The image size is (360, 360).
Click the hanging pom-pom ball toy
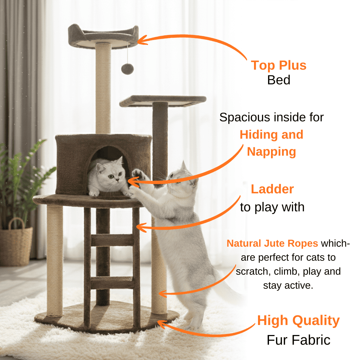127,69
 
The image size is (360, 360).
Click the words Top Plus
278,65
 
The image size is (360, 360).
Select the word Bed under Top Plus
279,80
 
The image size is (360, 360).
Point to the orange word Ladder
272,189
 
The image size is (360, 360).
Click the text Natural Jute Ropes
272,243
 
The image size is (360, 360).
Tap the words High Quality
298,321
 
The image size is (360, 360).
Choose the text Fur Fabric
298,340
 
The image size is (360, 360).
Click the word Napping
271,152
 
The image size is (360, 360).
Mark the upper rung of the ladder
112,240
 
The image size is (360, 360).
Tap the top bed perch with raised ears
103,37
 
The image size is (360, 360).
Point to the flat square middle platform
163,101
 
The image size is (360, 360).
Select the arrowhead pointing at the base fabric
162,324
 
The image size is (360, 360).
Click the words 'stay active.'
288,286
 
